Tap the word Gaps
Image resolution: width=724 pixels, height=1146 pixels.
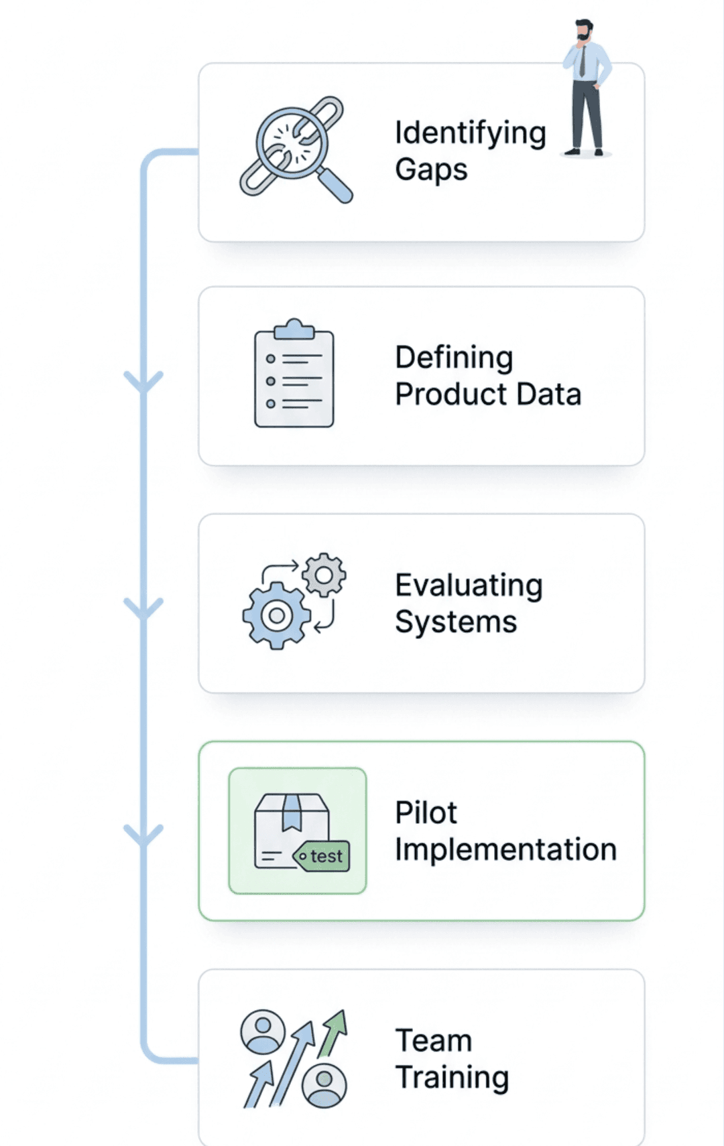(x=431, y=169)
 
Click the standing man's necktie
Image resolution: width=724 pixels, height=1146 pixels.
(x=582, y=61)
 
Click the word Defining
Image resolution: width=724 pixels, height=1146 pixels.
(x=454, y=358)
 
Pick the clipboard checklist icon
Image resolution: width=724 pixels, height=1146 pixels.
(x=294, y=374)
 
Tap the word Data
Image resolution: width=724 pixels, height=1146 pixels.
(x=549, y=394)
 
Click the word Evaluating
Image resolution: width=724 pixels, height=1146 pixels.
(x=469, y=585)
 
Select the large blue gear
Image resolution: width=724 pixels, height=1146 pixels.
(x=276, y=615)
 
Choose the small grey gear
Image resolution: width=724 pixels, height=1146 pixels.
(x=324, y=575)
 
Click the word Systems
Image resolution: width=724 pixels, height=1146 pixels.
(x=456, y=622)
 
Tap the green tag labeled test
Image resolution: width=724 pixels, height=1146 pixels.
(x=323, y=856)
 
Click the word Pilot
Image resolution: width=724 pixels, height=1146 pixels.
(x=426, y=813)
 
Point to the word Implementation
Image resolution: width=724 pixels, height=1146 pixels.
(x=505, y=850)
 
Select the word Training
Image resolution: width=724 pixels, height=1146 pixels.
(x=452, y=1078)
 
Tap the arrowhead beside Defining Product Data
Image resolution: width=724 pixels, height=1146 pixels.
(x=143, y=382)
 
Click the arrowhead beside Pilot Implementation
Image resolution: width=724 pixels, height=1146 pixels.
(x=143, y=836)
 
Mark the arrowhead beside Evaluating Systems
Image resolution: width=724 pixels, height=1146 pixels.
(x=143, y=609)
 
